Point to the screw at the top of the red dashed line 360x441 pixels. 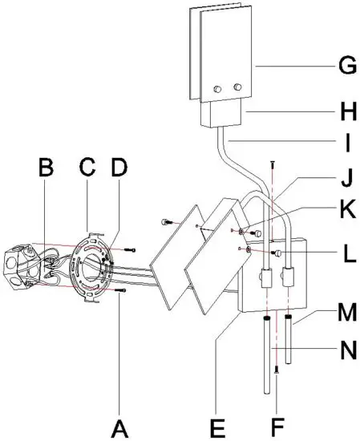(x=274, y=166)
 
